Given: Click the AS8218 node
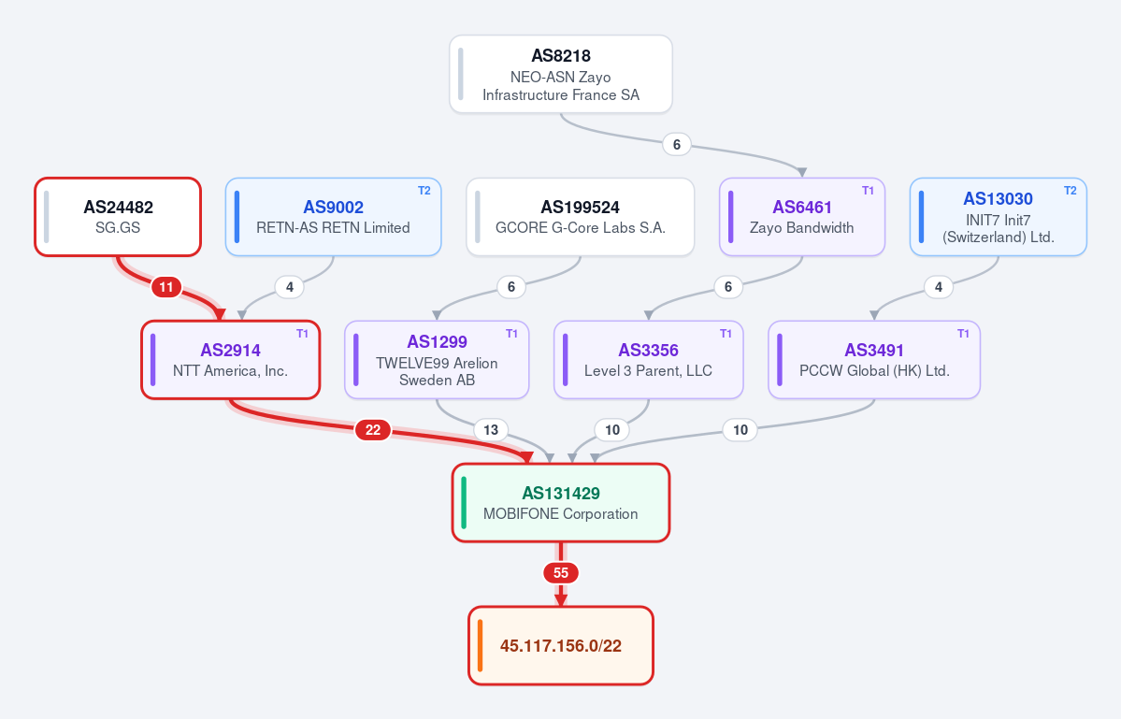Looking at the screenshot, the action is coord(561,74).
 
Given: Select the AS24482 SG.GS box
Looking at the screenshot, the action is coord(118,217).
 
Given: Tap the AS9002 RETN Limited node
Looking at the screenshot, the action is coord(333,217).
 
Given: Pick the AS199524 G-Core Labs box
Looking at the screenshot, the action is coord(580,217).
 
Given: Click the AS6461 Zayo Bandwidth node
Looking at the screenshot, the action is coord(802,217).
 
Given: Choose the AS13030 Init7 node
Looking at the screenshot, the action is coord(998,217).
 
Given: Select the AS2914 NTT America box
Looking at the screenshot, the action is coord(230,359).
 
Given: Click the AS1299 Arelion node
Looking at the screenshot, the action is coord(437,359).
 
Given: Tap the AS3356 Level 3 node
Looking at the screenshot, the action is coord(649,359).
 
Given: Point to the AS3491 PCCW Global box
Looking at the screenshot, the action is coord(874,359).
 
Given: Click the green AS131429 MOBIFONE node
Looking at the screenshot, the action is coord(561,502).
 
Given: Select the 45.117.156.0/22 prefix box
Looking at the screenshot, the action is coord(561,645).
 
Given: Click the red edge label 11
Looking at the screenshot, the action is coord(165,287).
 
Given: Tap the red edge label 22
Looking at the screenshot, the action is coord(373,429).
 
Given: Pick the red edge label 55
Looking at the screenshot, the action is coord(561,572).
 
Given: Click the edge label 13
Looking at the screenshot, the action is coord(491,429).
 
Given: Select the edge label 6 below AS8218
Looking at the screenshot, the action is coord(676,144).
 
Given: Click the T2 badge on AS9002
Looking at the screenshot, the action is coord(424,191).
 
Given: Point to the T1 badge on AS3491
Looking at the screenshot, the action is coord(963,334).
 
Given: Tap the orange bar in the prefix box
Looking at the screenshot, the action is coord(480,645).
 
